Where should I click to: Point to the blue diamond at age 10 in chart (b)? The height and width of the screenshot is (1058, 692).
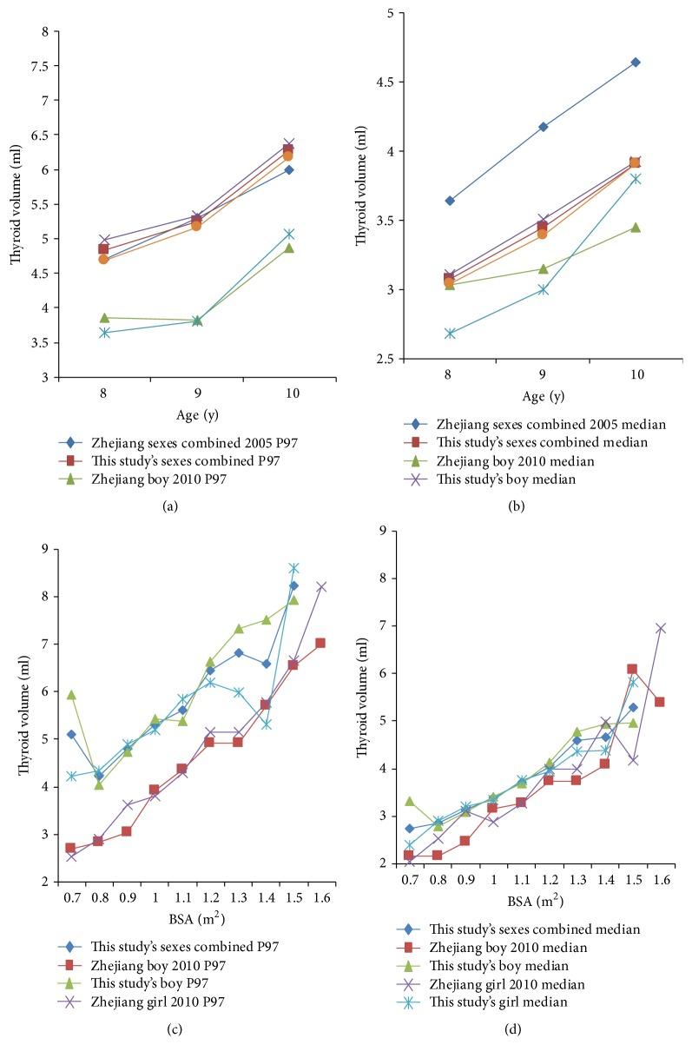point(636,63)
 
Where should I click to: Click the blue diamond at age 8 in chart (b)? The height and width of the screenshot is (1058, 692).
point(450,201)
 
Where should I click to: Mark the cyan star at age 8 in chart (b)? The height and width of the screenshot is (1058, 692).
point(450,334)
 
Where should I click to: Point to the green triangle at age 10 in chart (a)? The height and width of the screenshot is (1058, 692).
point(289,248)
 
